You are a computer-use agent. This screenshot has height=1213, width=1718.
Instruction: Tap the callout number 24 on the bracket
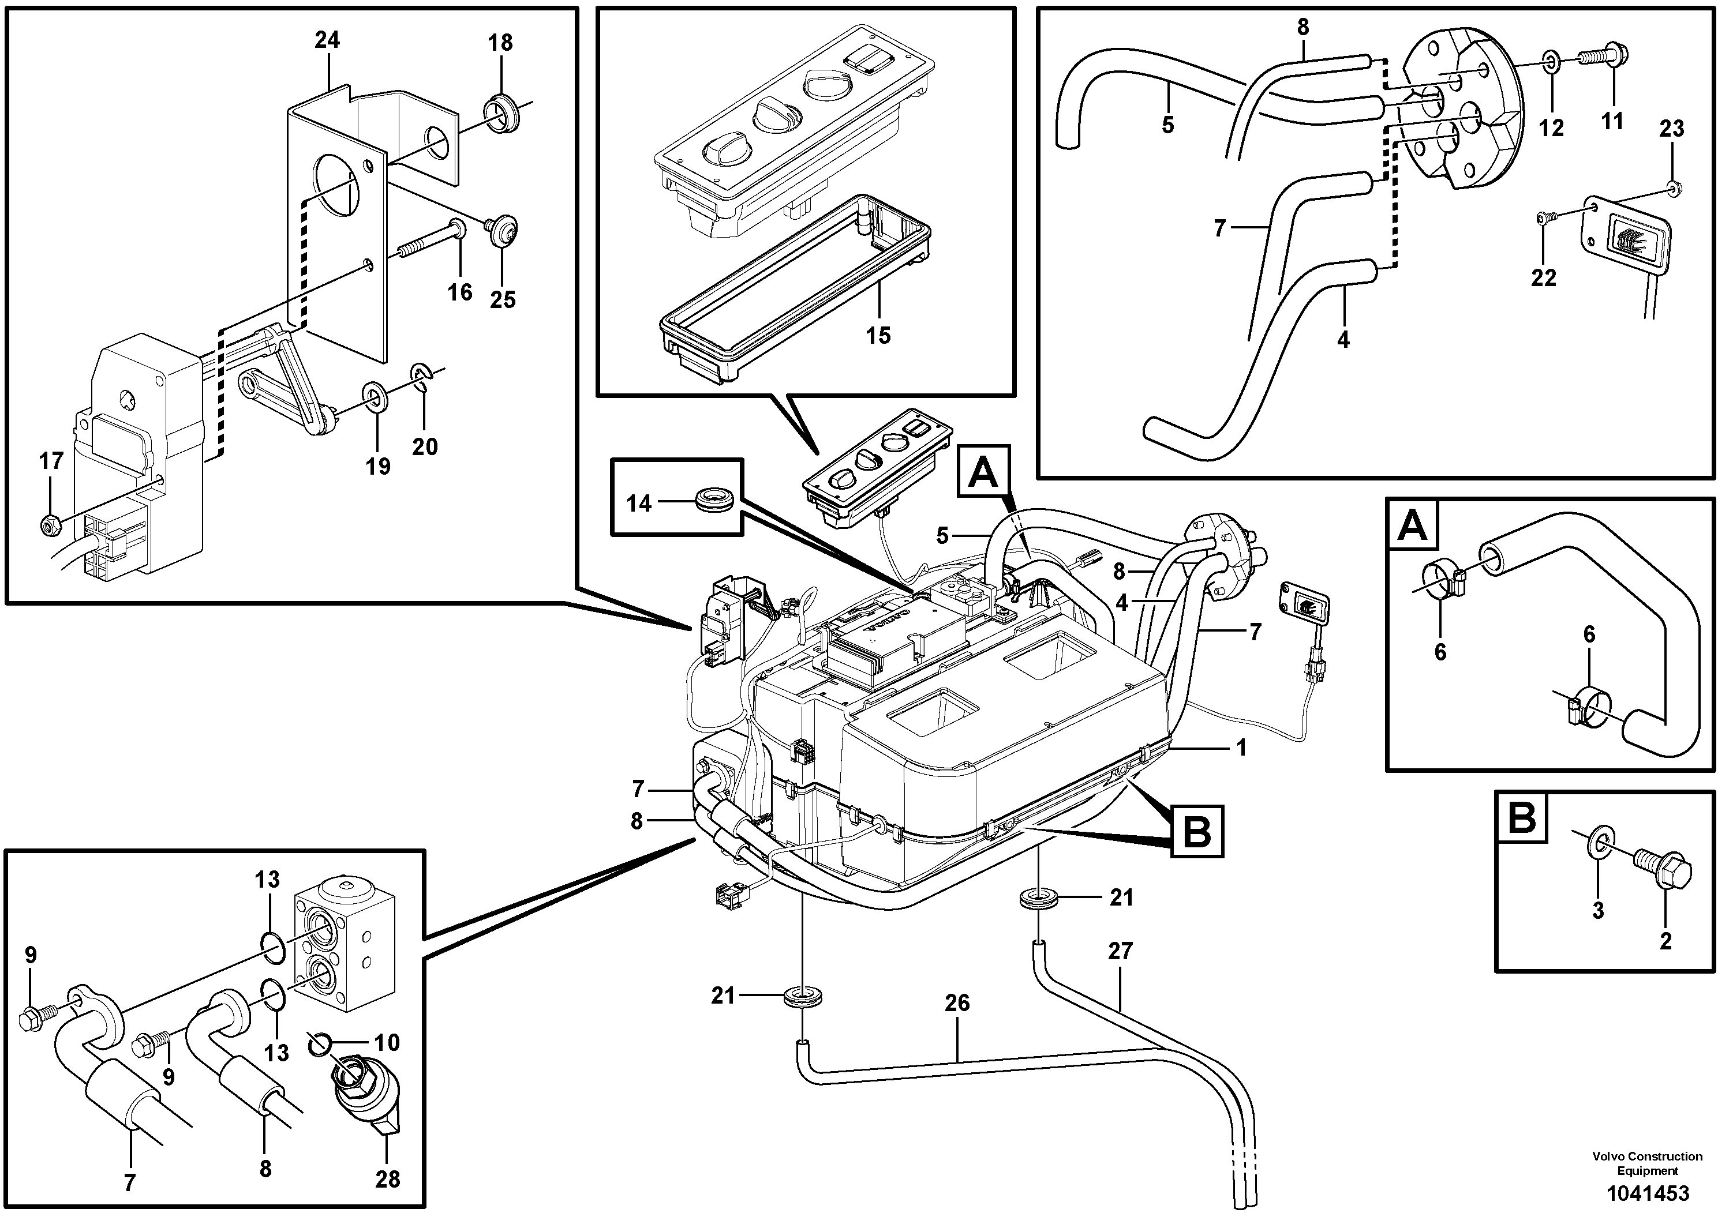click(327, 40)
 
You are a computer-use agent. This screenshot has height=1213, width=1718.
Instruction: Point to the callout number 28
click(388, 1180)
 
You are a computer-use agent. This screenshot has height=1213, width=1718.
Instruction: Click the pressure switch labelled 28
click(361, 1102)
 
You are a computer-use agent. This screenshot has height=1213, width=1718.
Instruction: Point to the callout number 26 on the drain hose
click(957, 1003)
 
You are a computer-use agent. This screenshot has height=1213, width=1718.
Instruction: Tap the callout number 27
click(1120, 951)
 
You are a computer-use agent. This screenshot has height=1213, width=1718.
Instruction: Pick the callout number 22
click(1544, 277)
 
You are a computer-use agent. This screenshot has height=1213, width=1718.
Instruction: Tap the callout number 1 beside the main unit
click(1241, 747)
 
